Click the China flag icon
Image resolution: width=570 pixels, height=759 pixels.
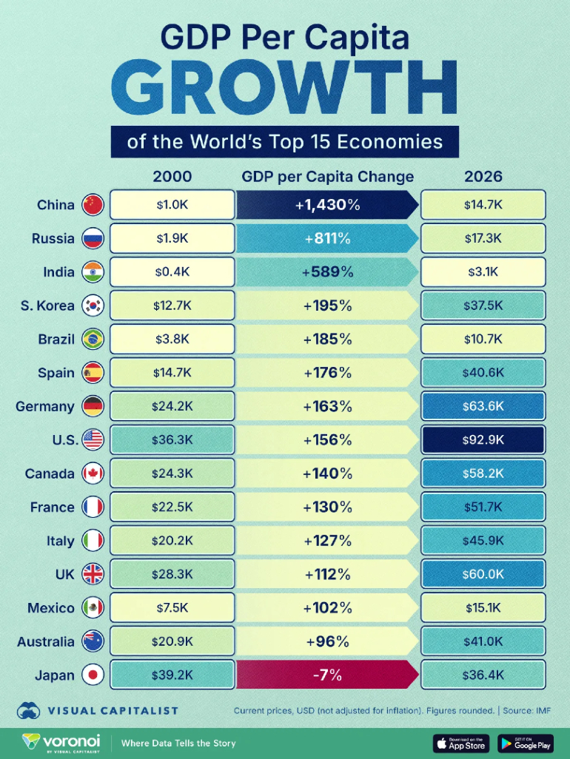(x=93, y=205)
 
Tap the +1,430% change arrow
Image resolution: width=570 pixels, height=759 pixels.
(x=326, y=205)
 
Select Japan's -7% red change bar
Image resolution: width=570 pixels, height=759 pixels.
(x=326, y=675)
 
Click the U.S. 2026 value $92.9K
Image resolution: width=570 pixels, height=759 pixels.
(x=483, y=440)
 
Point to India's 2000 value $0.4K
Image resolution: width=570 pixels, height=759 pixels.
(x=172, y=272)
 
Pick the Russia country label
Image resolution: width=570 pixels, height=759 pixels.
(x=53, y=238)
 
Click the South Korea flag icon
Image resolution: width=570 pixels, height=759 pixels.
(x=93, y=306)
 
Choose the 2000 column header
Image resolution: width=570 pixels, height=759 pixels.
(x=172, y=177)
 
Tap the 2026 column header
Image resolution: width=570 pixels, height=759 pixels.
(x=483, y=177)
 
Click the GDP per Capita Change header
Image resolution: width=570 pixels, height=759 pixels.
(x=327, y=177)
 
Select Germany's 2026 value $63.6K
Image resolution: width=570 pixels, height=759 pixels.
(x=483, y=406)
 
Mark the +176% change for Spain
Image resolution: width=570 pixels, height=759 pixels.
(x=326, y=373)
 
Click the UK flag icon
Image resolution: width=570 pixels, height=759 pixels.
(x=93, y=574)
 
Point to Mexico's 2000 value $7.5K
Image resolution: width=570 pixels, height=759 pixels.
(x=172, y=608)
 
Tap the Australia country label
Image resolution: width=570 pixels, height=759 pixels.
(x=46, y=641)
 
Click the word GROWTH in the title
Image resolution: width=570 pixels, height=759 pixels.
(x=285, y=87)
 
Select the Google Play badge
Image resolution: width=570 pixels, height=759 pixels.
(x=526, y=743)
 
